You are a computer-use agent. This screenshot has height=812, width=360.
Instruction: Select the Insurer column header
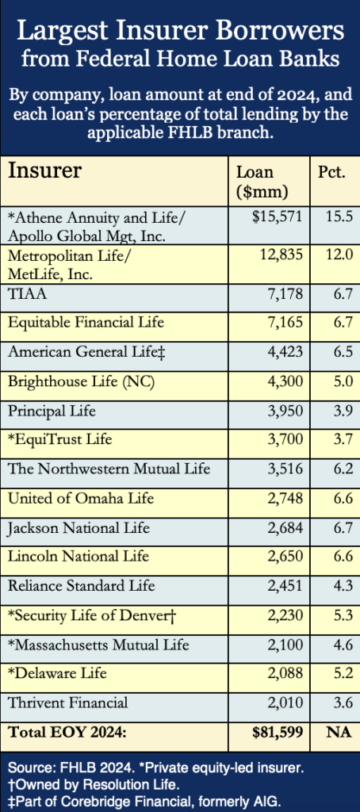click(x=44, y=170)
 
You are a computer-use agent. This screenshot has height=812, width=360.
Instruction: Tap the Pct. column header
click(x=331, y=172)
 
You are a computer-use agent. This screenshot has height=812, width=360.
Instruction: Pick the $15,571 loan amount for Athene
click(x=277, y=216)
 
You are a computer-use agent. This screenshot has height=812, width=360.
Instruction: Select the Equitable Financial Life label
click(x=86, y=323)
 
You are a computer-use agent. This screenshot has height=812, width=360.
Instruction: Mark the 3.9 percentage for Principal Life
click(x=343, y=412)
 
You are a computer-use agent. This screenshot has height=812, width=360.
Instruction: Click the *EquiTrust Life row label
click(x=60, y=440)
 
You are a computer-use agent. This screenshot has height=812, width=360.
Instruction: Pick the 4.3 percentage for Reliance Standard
click(x=343, y=587)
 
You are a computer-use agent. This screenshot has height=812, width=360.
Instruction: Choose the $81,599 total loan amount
click(x=277, y=733)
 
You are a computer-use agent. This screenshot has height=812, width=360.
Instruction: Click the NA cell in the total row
click(x=339, y=733)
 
